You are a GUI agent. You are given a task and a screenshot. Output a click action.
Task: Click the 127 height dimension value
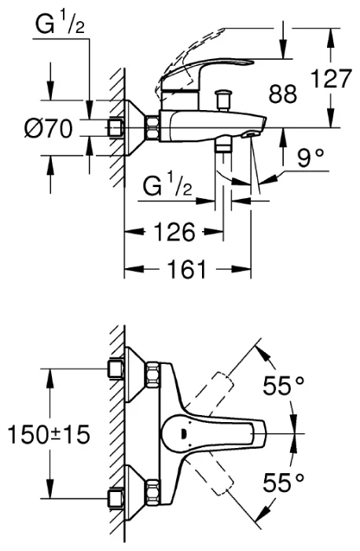click(332, 79)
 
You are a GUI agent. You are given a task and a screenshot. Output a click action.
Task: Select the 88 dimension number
click(283, 94)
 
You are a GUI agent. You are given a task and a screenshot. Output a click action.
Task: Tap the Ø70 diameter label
click(49, 128)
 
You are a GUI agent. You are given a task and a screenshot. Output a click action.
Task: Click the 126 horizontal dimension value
click(174, 232)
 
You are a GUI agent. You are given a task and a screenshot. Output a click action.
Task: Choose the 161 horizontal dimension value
click(186, 269)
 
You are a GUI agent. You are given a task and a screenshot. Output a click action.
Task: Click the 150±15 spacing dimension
click(49, 434)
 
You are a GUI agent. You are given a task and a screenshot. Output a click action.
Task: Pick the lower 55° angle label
click(283, 483)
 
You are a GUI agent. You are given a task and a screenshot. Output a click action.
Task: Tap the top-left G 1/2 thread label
click(60, 24)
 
